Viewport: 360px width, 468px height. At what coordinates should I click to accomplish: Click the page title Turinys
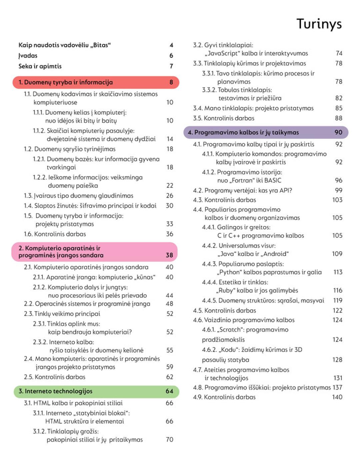point(319,24)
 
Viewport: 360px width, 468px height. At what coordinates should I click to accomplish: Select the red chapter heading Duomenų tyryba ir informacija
point(66,82)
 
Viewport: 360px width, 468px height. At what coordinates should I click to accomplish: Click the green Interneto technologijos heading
point(55,391)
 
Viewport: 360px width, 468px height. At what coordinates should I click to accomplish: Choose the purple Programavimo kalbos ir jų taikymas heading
point(243,132)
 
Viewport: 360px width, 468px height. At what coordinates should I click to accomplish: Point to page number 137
point(337,387)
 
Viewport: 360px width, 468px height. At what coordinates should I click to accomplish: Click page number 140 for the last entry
point(337,397)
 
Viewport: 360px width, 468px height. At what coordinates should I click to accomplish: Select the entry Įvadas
point(28,56)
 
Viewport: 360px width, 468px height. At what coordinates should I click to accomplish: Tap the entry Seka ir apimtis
point(40,66)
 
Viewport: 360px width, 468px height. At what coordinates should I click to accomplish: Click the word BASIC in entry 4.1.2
point(273,180)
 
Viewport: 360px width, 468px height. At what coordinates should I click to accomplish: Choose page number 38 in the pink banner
point(169,255)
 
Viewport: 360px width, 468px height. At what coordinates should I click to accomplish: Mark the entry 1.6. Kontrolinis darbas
point(55,234)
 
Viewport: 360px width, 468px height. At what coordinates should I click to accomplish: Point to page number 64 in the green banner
point(169,391)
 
